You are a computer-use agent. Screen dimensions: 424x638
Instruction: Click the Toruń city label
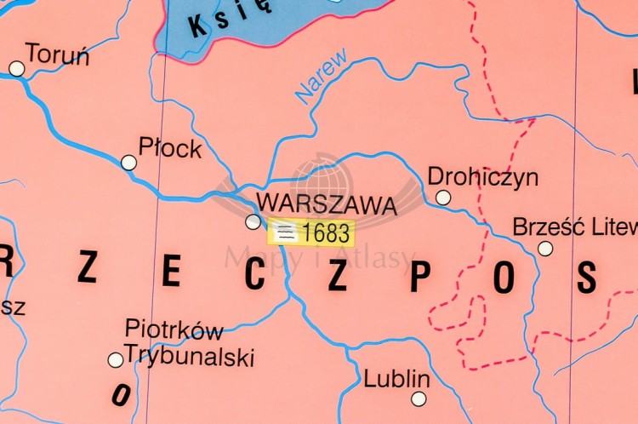58,54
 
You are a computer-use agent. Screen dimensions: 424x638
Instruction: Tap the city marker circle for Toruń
16,68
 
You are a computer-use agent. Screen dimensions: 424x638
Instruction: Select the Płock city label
170,148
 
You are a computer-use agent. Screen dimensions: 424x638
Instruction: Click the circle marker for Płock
128,162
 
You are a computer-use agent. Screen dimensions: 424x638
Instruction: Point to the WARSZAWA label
326,205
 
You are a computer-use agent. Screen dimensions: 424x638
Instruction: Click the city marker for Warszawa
253,221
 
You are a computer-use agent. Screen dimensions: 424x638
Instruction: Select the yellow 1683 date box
310,232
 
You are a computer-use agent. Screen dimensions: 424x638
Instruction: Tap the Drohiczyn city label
483,177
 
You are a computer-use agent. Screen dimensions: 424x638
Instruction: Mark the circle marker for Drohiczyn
443,198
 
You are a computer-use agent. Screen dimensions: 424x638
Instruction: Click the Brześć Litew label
574,227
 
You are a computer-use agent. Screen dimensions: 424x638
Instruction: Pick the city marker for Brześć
545,249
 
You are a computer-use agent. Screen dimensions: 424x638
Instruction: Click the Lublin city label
396,379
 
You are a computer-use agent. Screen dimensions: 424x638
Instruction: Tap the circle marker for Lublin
419,398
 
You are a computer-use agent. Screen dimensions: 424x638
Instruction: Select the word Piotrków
174,329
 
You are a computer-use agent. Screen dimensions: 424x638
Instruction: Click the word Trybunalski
189,356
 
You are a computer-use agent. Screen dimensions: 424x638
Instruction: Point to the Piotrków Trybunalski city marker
115,360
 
